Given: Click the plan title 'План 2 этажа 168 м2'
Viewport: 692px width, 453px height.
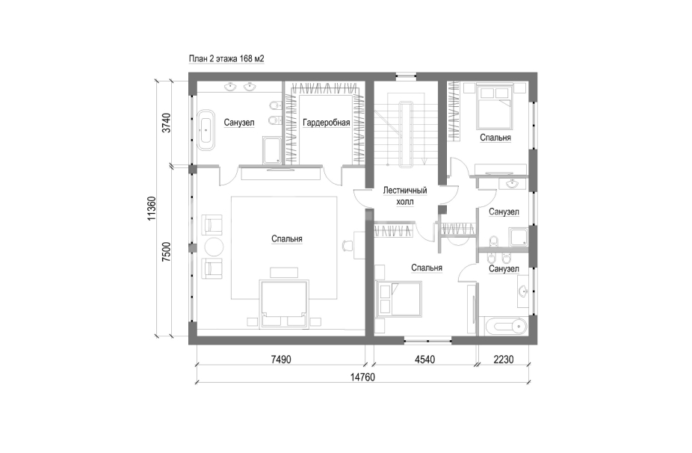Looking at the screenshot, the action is point(226,59).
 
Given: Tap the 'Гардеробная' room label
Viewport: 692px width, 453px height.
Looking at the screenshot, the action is point(326,123).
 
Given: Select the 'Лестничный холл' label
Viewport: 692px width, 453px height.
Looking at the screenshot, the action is point(405,196).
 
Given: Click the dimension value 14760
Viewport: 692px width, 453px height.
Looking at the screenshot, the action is point(362,377).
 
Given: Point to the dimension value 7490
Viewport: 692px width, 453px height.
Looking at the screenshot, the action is point(281,360).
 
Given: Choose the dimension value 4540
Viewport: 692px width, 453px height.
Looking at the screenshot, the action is point(424,360).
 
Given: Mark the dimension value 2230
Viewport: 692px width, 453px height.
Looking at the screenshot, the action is point(504,360).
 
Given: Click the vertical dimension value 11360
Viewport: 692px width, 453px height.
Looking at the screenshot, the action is point(152,209).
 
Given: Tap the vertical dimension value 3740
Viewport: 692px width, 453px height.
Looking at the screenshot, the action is point(166,123).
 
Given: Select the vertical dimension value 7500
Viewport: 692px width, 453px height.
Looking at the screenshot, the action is point(166,252).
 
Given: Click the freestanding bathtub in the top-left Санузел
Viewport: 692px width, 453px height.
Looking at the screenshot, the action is point(206,129).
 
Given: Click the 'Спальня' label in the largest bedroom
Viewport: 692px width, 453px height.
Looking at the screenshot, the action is point(287,239).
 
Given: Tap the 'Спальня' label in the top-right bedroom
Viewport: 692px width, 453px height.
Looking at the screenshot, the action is point(495,138).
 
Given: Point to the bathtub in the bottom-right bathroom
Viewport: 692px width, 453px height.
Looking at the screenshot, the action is point(503,327).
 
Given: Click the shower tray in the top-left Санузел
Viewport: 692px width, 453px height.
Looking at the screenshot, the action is point(272,150).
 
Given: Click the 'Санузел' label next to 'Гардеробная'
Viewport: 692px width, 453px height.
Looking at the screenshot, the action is point(238,123).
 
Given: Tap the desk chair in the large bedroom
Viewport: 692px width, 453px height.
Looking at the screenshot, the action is point(347,245).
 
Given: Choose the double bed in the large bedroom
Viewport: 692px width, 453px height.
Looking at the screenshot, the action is point(284,303).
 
